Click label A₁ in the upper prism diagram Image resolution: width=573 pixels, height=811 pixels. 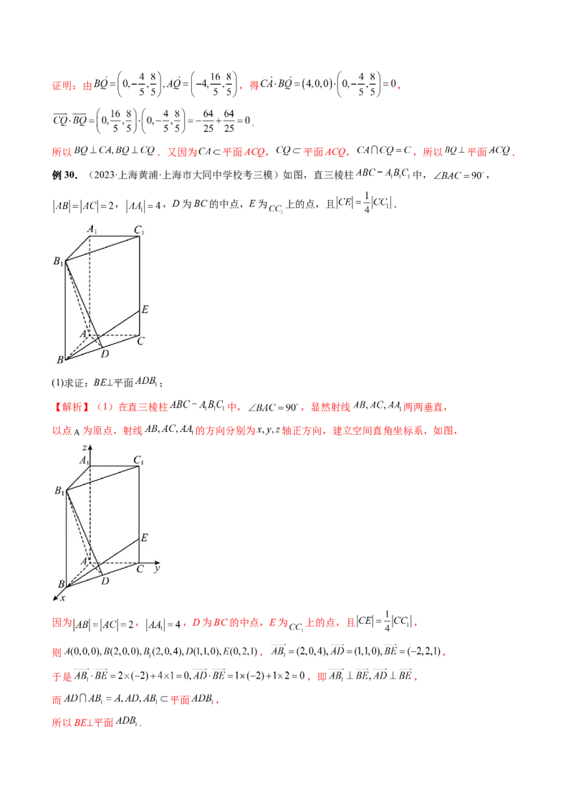[92, 229]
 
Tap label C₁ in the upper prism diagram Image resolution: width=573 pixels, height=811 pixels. [139, 231]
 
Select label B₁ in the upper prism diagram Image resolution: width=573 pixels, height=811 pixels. [57, 262]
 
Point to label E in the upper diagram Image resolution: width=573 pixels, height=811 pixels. [145, 309]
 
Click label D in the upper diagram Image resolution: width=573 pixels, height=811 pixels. [105, 354]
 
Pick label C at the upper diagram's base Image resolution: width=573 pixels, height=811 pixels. [141, 341]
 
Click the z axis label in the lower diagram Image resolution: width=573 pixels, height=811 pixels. [85, 448]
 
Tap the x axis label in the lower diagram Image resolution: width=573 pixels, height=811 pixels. [62, 598]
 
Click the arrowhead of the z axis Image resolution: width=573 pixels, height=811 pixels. [90, 446]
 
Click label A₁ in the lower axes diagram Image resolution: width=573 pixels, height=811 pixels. [84, 460]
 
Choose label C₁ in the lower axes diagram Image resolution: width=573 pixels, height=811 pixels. [139, 460]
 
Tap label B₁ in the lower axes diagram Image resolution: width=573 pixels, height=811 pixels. [59, 491]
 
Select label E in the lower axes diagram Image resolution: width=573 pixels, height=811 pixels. [145, 537]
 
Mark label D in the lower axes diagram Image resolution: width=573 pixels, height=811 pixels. [105, 581]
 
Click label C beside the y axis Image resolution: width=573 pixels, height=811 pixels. [141, 569]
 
